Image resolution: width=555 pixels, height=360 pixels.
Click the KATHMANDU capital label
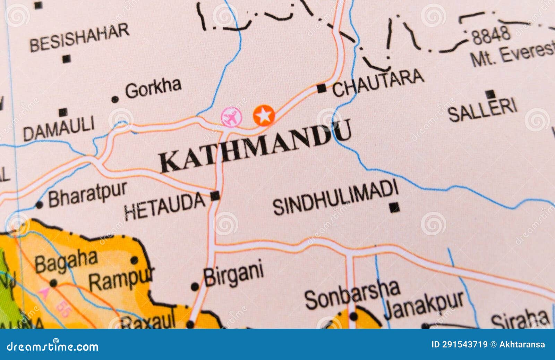(x=255, y=146)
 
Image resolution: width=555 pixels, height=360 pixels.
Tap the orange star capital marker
(x=264, y=115)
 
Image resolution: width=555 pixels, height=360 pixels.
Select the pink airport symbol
(x=231, y=117)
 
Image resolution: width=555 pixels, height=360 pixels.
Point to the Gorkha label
(x=153, y=88)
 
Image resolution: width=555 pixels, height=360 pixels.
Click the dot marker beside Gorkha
(x=115, y=100)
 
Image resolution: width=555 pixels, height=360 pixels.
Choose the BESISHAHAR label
(x=79, y=37)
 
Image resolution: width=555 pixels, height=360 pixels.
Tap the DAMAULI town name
(x=59, y=128)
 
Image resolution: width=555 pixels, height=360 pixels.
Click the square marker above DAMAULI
(x=63, y=112)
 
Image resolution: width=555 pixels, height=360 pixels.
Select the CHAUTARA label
(x=378, y=83)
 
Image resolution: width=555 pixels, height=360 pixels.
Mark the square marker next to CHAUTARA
(x=322, y=89)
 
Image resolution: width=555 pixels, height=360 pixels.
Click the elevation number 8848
(x=491, y=35)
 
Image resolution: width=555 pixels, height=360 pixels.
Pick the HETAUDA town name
(x=165, y=207)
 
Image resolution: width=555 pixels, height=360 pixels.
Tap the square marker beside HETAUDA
(x=215, y=196)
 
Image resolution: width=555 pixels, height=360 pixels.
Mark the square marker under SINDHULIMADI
(x=394, y=208)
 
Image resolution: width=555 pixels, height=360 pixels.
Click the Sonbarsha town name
(x=352, y=294)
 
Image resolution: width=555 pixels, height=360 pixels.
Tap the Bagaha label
(x=66, y=261)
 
